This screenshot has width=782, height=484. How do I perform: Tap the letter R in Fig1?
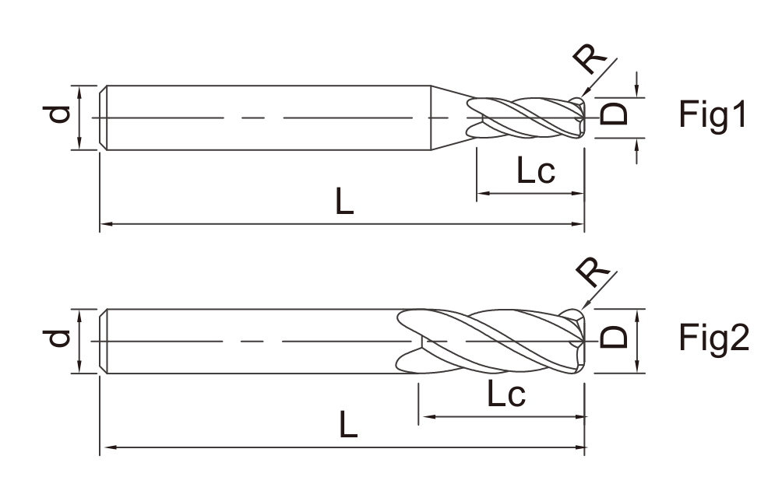coord(590,58)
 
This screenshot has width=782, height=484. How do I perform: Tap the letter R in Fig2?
coord(593,272)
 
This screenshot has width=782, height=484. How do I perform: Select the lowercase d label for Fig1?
coord(59,114)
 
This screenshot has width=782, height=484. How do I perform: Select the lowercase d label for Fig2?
coord(59,338)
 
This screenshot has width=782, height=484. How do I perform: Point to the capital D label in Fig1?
coord(614,114)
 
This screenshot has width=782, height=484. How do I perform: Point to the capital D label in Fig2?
coord(614,337)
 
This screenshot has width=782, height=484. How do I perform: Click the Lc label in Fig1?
coord(536,170)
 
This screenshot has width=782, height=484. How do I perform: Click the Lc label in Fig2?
coord(505,393)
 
